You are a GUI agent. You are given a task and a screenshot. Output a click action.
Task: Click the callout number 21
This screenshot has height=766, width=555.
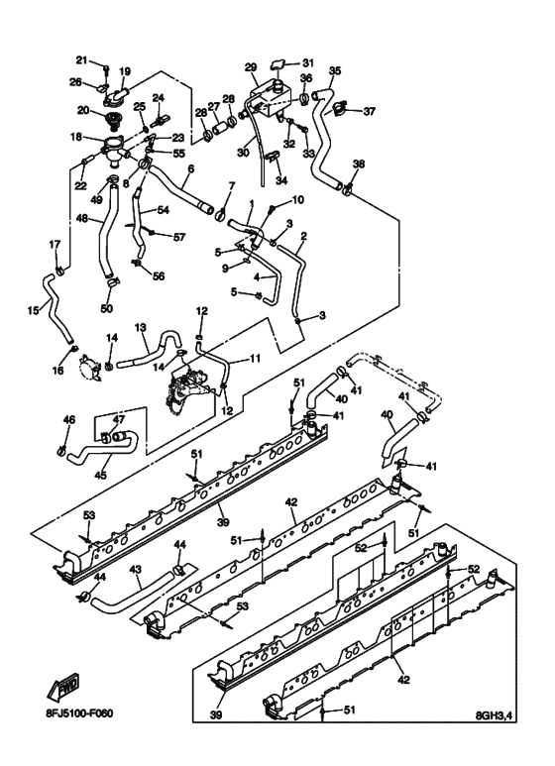tap(82, 58)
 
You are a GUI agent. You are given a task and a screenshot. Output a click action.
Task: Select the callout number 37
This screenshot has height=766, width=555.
tap(370, 111)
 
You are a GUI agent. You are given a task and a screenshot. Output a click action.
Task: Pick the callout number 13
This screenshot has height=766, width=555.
tap(141, 327)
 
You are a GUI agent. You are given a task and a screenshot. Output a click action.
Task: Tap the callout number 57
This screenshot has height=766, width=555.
tap(179, 237)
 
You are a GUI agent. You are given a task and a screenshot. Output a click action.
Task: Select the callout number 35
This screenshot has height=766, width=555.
tap(335, 70)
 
